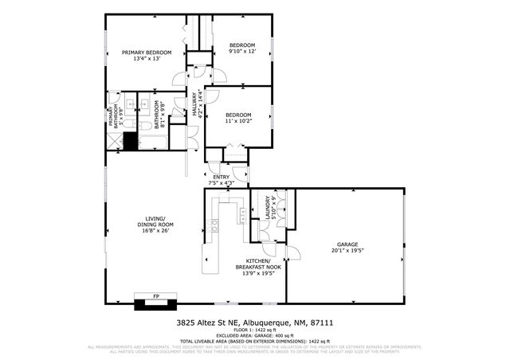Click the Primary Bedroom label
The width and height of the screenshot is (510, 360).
point(146,53)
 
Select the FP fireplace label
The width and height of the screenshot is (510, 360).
point(156,296)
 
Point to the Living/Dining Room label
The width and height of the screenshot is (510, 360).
point(155,221)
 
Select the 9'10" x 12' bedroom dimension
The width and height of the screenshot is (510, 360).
point(242,52)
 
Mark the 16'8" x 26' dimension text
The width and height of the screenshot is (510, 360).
point(155,231)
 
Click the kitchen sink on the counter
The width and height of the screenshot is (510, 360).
point(214,225)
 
